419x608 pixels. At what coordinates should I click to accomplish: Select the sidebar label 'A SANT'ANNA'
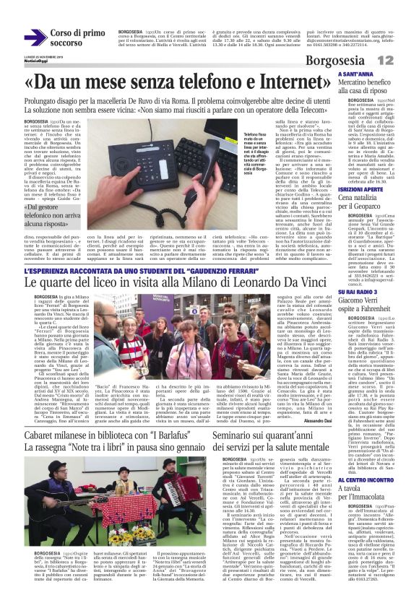[355, 74]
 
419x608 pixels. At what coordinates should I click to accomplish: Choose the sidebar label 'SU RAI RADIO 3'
[356, 291]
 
